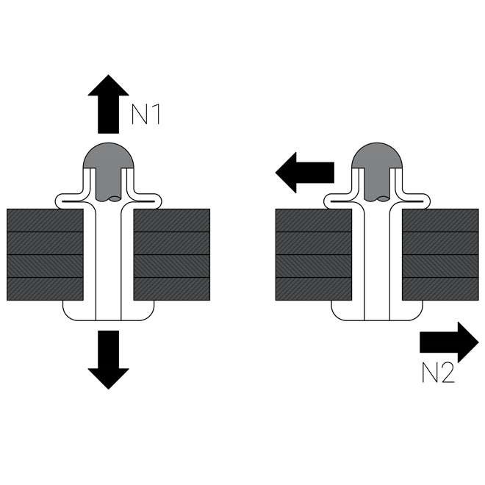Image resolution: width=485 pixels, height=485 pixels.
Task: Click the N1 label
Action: [x=145, y=115]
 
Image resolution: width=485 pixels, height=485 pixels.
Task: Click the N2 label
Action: [x=438, y=374]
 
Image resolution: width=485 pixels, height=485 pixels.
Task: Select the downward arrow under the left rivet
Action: [x=108, y=358]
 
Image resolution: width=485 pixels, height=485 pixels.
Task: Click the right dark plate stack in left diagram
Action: [x=171, y=254]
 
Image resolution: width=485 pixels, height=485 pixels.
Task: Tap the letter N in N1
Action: [x=139, y=115]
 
